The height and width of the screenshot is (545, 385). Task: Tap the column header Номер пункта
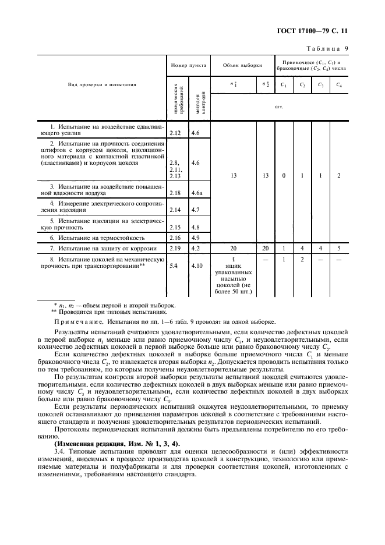pyautogui.click(x=187, y=65)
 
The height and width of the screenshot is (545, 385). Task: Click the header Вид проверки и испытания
pyautogui.click(x=103, y=84)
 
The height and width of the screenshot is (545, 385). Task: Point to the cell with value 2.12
pyautogui.click(x=175, y=133)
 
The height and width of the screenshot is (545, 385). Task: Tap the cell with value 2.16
pyautogui.click(x=175, y=238)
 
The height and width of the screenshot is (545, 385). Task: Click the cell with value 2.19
pyautogui.click(x=175, y=249)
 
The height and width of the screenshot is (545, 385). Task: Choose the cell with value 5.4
pyautogui.click(x=173, y=266)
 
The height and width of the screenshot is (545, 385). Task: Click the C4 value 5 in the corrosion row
pyautogui.click(x=338, y=249)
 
